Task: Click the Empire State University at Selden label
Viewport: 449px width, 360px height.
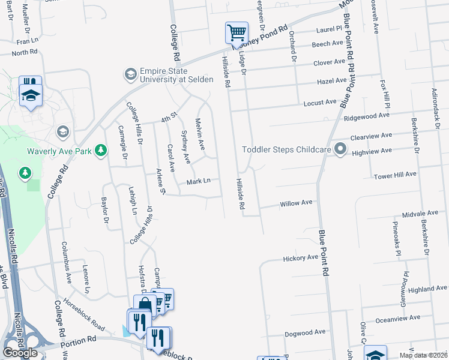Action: (x=176, y=74)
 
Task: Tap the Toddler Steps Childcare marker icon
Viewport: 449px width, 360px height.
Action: (x=340, y=149)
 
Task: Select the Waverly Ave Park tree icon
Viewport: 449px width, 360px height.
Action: (x=101, y=151)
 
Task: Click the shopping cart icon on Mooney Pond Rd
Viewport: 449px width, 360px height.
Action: (x=236, y=32)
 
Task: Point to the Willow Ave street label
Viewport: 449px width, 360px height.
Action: (x=297, y=204)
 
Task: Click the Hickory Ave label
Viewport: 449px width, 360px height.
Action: (x=300, y=258)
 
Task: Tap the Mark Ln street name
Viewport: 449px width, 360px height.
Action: (x=198, y=181)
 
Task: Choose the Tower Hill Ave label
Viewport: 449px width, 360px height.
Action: (x=394, y=175)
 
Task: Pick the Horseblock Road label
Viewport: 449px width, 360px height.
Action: (x=84, y=314)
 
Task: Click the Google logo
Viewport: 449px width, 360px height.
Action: (x=20, y=353)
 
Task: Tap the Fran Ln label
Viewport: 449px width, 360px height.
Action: (x=28, y=41)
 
